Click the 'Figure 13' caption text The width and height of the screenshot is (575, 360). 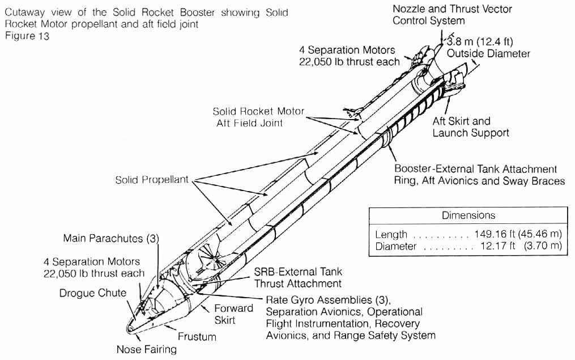(27, 37)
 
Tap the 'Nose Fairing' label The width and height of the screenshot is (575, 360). (146, 349)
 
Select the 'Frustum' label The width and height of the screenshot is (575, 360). (197, 336)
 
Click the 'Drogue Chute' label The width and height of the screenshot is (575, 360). (92, 293)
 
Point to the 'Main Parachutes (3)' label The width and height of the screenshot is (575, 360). (110, 238)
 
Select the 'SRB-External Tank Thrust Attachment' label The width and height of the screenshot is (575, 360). (297, 278)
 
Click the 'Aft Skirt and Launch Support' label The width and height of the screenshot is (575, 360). (470, 127)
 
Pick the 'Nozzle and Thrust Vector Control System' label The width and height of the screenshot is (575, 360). (452, 15)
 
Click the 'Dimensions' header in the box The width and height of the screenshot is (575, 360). (468, 215)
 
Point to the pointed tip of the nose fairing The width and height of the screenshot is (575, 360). (129, 328)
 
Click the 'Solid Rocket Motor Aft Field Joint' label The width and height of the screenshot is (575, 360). (258, 117)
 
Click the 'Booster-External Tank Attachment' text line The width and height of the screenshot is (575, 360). (475, 169)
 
